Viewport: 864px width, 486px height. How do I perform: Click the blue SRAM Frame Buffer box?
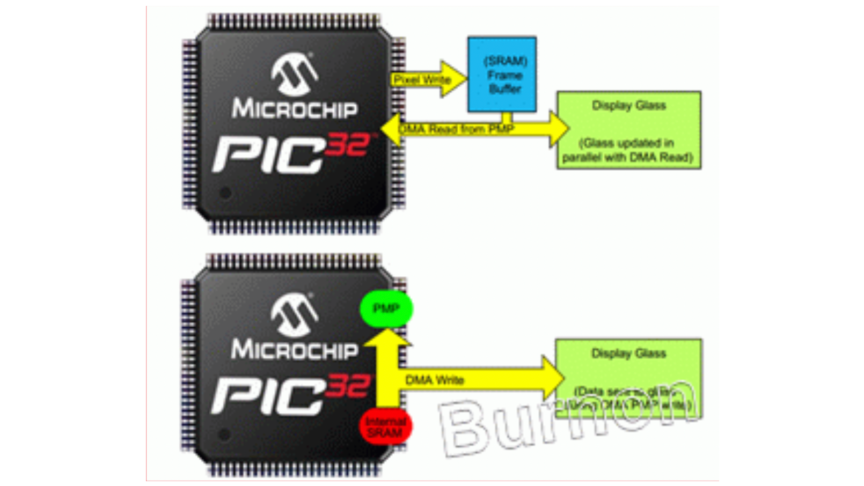coord(502,74)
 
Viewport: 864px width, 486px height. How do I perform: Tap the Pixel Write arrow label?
coord(422,80)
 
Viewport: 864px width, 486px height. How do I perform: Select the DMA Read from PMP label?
coord(457,129)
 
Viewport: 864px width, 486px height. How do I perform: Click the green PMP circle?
coord(386,308)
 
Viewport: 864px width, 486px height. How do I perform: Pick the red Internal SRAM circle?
coord(385,427)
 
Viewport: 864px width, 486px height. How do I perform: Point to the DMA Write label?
coord(434,380)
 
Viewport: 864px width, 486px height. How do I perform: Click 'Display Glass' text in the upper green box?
coord(628,105)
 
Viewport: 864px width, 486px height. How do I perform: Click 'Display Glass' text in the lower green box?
coord(628,353)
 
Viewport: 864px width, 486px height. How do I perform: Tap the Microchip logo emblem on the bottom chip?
coord(294,315)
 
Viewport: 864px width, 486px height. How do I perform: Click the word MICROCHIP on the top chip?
coord(295,108)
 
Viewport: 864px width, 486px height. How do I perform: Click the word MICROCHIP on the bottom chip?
coord(295,350)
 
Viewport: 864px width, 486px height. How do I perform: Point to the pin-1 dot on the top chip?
coord(225,193)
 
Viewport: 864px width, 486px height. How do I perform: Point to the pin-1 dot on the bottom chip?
coord(224,435)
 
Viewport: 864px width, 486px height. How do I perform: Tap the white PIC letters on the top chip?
coord(268,155)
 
